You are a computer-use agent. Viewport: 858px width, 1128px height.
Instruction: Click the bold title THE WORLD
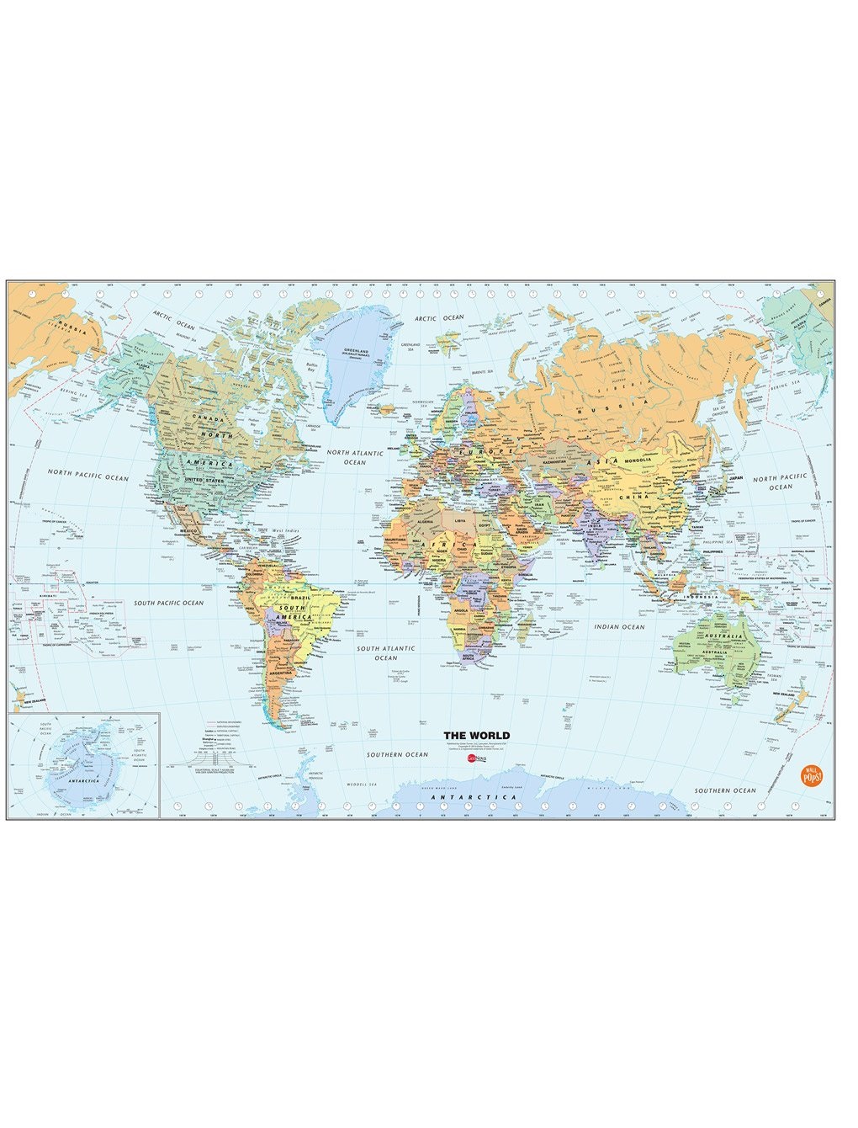(476, 735)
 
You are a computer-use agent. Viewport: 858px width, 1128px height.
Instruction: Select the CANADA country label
(206, 418)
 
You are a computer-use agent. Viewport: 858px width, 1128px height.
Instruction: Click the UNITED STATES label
(206, 479)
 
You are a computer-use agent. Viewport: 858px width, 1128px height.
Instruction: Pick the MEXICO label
(188, 531)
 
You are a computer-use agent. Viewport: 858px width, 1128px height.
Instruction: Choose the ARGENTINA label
(281, 673)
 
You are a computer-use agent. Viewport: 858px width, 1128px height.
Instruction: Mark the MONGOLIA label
(637, 460)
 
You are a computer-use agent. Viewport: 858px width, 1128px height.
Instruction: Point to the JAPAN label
(735, 477)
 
